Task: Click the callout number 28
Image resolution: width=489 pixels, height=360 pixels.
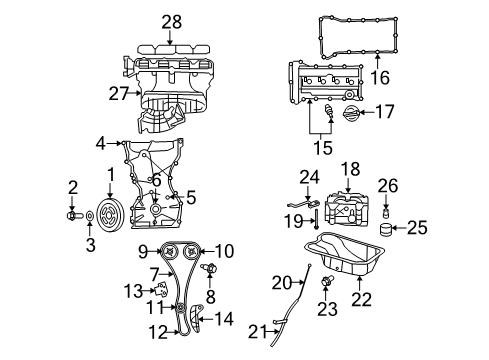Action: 172,21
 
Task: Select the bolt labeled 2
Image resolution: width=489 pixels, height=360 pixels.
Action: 73,214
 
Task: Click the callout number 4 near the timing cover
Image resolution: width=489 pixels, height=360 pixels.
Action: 101,144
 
